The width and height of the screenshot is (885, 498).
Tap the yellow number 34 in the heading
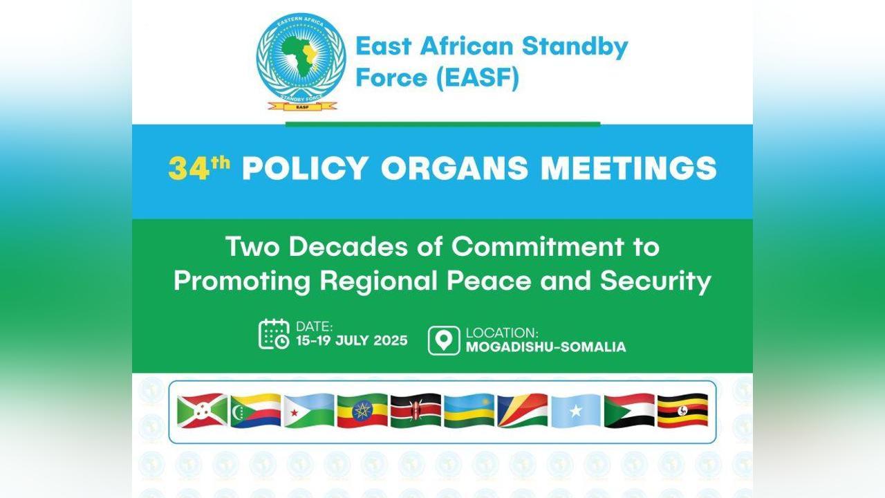point(189,169)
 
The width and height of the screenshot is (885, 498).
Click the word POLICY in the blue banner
point(306,168)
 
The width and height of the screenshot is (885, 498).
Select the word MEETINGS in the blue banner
point(628,168)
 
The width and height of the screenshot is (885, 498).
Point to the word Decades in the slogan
point(348,247)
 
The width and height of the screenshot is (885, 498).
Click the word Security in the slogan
point(655,282)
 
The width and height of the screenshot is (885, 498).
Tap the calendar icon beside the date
point(274,334)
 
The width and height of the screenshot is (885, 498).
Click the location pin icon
point(444,340)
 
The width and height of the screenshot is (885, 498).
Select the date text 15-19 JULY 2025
point(352,340)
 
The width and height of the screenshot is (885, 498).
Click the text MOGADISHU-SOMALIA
point(546,347)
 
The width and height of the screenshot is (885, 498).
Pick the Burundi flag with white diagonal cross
point(203,411)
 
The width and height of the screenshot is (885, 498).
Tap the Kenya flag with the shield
point(416,411)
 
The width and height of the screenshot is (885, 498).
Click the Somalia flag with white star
point(576,411)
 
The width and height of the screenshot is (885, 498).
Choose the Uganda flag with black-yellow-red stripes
point(682,411)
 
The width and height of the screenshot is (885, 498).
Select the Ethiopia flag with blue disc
point(362,411)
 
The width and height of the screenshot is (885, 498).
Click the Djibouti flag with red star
point(309,411)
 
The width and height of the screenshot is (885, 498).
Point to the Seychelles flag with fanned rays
point(522,411)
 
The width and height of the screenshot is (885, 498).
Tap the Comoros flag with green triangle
point(256,411)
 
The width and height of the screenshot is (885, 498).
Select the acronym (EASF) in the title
point(477,77)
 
